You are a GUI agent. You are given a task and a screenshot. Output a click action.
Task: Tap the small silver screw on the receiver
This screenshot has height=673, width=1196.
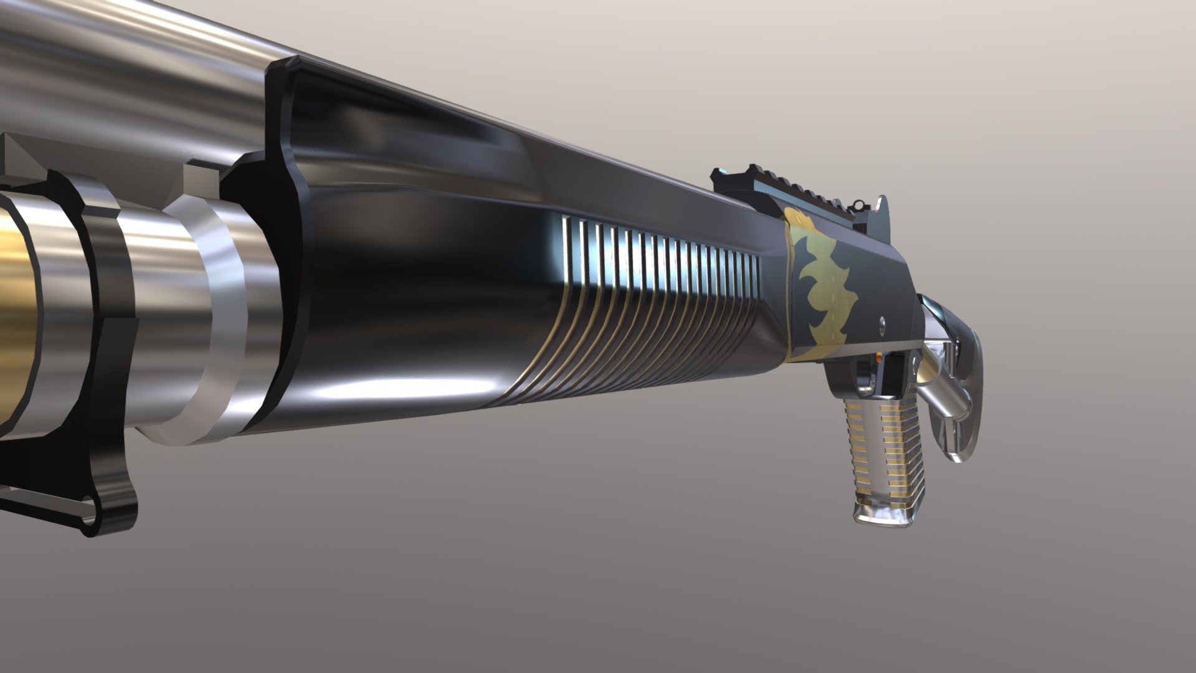(x=883, y=322)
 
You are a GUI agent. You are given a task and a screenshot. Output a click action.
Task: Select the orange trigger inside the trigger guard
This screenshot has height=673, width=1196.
(x=878, y=361)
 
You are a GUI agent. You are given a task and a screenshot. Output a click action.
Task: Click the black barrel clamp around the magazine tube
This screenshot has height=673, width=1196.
(x=106, y=312)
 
